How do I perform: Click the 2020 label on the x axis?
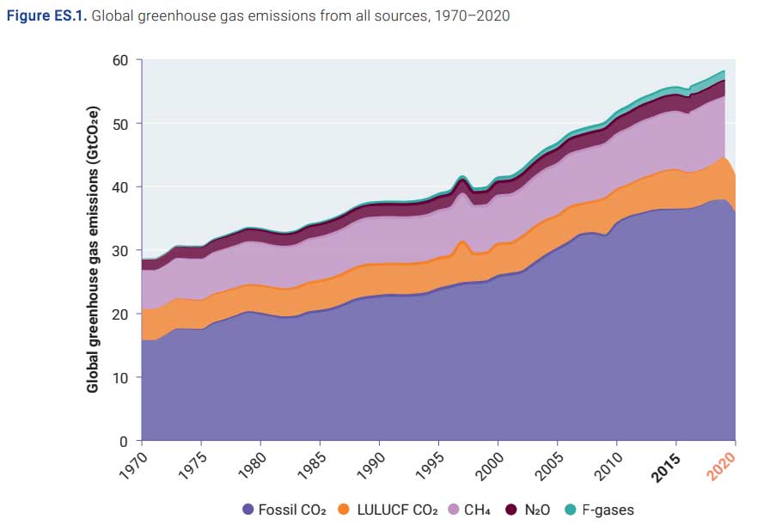point(723,464)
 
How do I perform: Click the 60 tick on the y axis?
point(119,60)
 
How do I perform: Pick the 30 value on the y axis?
point(119,251)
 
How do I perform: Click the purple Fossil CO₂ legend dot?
point(247,510)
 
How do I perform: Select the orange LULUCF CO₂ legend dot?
point(345,510)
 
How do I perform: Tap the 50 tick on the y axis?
point(119,124)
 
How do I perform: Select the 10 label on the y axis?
point(119,378)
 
